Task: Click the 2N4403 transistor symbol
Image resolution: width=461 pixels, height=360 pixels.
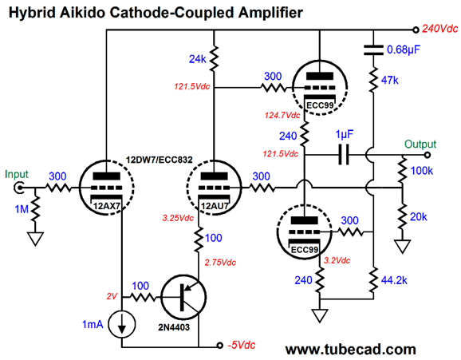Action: tap(183, 297)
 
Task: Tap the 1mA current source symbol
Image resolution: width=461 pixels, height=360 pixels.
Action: tap(122, 324)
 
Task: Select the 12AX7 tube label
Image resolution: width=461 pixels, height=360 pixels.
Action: tap(107, 206)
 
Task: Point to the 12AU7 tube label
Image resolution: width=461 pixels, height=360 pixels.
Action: tap(215, 206)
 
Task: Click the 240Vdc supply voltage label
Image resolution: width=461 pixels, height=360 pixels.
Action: tap(439, 29)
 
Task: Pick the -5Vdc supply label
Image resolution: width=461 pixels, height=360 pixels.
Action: tap(242, 345)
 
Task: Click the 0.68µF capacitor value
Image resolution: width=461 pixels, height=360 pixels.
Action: tap(404, 49)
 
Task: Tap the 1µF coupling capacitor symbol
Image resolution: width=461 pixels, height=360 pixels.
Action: tap(344, 154)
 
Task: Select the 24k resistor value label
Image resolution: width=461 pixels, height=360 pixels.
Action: tap(197, 59)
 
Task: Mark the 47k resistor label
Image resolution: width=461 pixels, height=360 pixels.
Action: tap(390, 80)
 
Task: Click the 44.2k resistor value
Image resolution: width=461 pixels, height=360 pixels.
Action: tap(394, 280)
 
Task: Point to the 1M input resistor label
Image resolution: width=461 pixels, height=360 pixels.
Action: tap(22, 209)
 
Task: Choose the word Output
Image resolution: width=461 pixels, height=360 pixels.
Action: tap(420, 144)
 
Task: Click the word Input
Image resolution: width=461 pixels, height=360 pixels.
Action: tap(17, 175)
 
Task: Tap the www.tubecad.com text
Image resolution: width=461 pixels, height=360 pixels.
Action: tap(350, 350)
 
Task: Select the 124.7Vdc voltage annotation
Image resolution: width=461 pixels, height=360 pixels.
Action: tap(282, 115)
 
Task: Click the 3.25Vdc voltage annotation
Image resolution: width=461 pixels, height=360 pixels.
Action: tap(178, 218)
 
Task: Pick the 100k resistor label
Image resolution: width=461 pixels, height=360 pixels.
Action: tap(422, 171)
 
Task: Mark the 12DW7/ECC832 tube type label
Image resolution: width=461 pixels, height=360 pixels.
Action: tap(159, 160)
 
